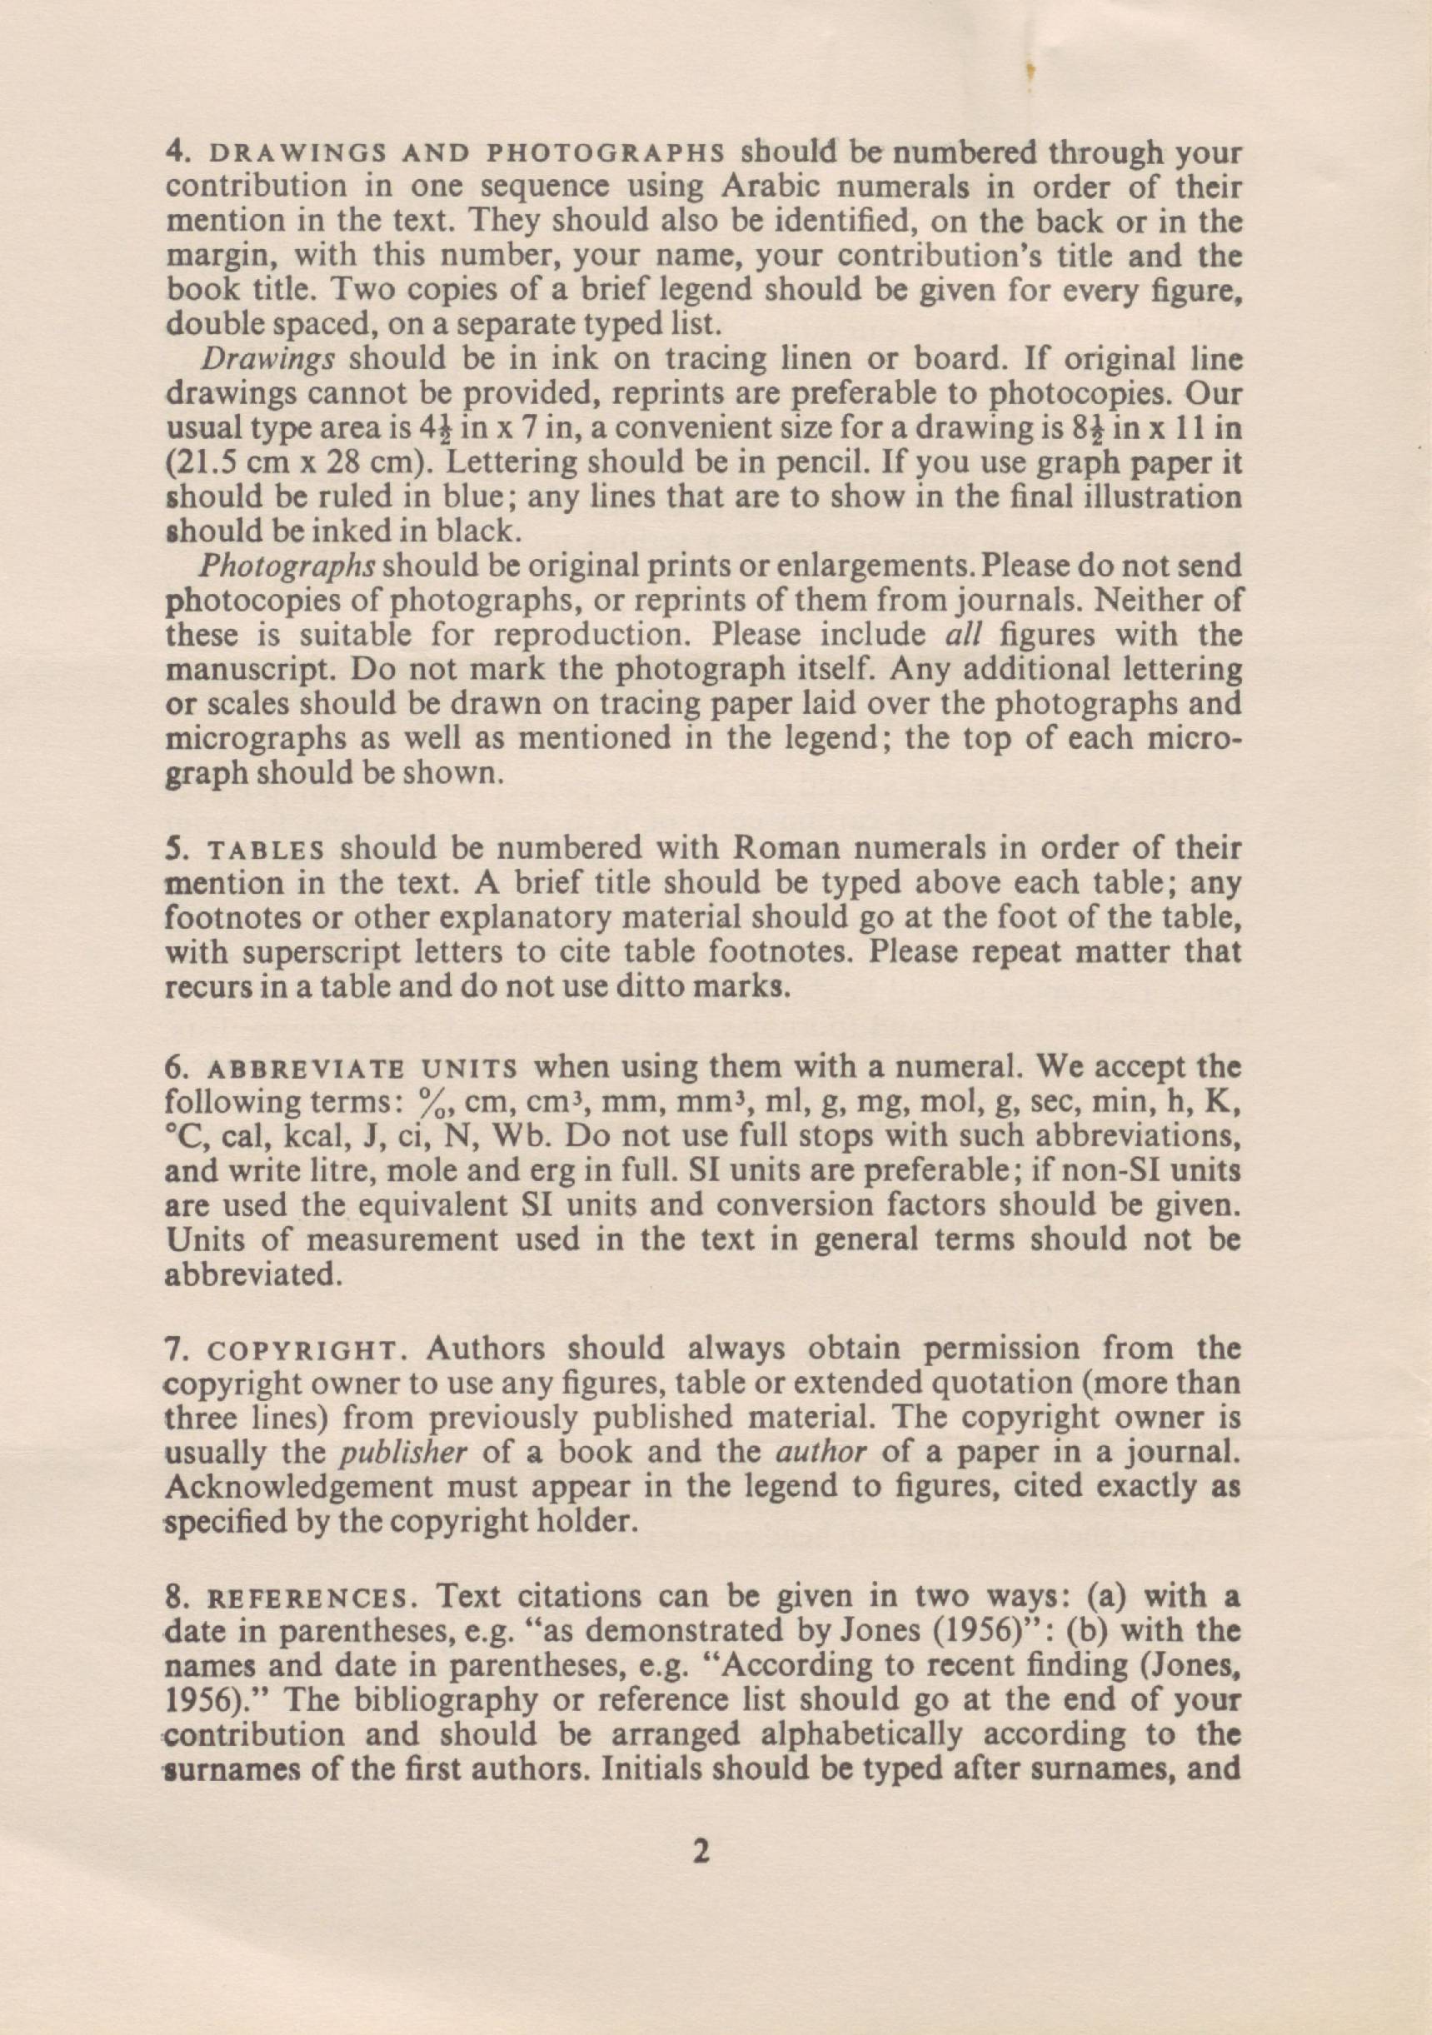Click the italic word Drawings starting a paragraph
tap(267, 360)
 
